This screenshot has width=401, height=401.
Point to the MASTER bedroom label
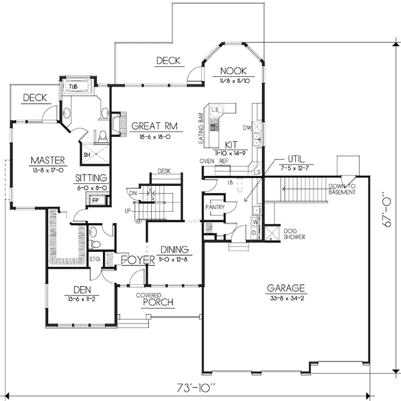[46, 160]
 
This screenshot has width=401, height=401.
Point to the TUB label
[72, 86]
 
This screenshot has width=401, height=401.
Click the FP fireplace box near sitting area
[96, 200]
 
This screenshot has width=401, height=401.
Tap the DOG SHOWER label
[294, 233]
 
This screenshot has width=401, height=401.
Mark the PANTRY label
[215, 208]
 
